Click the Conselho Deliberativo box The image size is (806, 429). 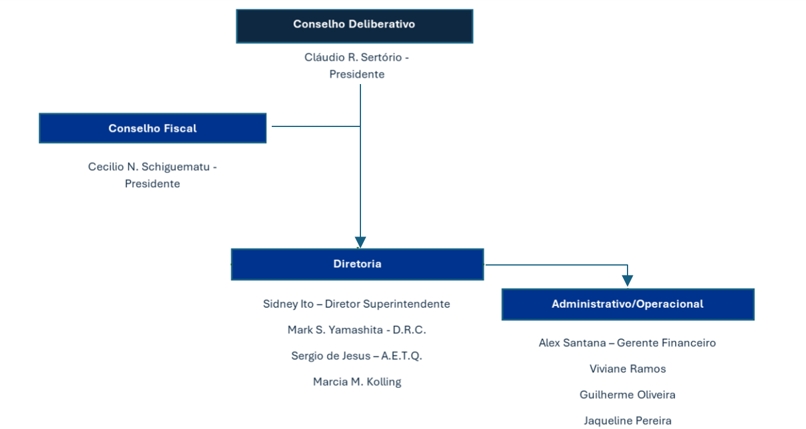coord(354,26)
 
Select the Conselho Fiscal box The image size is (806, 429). coord(152,128)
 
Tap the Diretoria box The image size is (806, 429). coord(357,264)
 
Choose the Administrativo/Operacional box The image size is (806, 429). coord(628,304)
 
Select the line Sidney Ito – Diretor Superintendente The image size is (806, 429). coord(356,304)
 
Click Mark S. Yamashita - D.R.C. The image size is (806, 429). coord(356,330)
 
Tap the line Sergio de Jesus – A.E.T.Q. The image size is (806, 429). coord(356,356)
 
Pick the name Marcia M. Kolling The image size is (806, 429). coord(357,382)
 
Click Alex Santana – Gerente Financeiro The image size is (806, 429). coord(627,343)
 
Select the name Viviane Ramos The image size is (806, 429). coord(628,369)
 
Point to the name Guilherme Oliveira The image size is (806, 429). coord(628,395)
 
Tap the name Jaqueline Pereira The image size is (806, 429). coord(628,421)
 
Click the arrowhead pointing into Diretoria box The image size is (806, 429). coord(360,242)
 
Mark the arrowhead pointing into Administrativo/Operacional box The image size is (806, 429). coord(628,281)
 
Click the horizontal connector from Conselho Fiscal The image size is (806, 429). coord(316,126)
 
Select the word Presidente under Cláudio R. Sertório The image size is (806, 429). coord(357,75)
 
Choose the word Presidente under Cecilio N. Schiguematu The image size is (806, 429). coord(152,184)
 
